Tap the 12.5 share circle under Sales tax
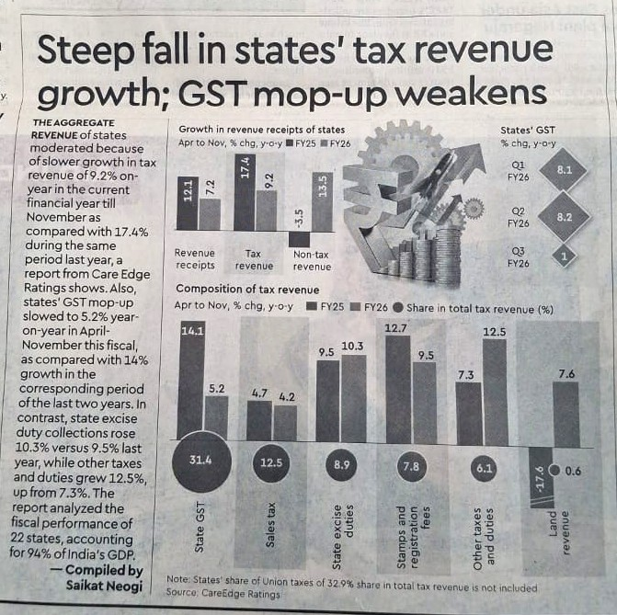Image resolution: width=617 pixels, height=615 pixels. coord(271,462)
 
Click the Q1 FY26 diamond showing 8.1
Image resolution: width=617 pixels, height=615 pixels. coord(565,170)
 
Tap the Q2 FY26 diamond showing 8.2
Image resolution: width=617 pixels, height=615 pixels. coord(565,218)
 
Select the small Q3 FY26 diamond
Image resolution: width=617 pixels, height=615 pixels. coord(563,258)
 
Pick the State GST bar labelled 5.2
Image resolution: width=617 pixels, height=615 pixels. coord(216,418)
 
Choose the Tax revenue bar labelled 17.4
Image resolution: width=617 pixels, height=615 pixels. coord(245,192)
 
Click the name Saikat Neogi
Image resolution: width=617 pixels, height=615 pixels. coord(103,587)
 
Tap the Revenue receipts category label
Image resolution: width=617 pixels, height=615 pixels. coord(195,259)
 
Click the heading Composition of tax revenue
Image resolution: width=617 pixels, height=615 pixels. coord(240,289)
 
